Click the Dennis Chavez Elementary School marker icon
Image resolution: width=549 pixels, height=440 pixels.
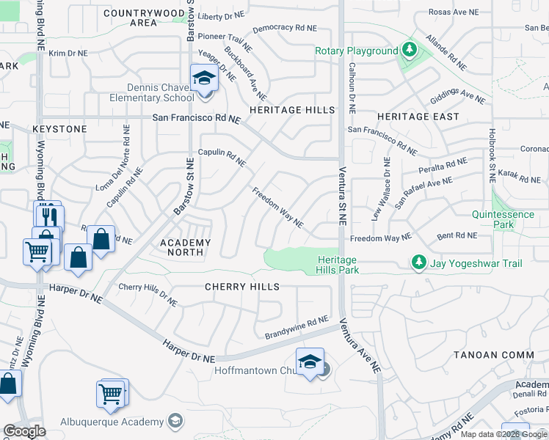[204, 78]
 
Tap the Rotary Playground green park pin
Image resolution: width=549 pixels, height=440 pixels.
[409, 51]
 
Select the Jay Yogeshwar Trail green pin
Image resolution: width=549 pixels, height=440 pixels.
[418, 262]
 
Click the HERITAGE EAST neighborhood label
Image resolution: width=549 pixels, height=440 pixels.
[418, 117]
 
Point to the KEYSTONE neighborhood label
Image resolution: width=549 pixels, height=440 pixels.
[59, 129]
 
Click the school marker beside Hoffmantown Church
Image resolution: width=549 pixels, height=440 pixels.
[310, 362]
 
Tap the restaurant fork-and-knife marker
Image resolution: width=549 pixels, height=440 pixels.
[49, 216]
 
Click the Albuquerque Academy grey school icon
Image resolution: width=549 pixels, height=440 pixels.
[175, 421]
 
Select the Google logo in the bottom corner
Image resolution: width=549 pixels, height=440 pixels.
[24, 430]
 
